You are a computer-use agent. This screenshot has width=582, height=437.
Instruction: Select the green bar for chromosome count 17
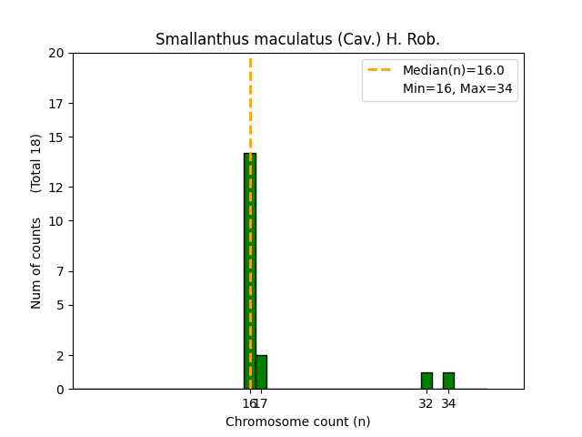261,372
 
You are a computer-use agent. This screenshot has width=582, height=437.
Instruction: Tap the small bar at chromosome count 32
426,381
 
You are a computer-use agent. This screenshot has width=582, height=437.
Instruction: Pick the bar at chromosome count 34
448,381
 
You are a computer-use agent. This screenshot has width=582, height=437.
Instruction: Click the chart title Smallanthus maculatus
297,39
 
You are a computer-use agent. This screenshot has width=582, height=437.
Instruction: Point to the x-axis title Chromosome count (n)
297,422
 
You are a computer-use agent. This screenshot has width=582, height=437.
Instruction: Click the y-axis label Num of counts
36,263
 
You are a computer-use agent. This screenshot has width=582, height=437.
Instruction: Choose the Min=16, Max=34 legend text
457,88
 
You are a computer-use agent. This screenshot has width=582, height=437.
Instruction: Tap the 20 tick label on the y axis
57,53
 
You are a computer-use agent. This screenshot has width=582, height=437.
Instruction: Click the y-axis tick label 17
57,103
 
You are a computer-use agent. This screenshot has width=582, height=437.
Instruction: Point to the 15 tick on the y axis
57,137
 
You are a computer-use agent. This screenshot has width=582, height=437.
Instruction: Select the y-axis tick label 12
57,188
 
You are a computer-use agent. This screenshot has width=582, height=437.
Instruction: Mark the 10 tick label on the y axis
57,221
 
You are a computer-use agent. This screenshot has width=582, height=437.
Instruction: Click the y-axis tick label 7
60,271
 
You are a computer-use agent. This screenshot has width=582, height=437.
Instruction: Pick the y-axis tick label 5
60,305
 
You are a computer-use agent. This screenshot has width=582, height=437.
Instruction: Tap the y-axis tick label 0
60,390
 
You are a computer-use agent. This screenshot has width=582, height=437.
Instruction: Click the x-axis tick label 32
426,403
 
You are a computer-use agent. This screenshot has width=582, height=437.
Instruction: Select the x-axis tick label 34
449,403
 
